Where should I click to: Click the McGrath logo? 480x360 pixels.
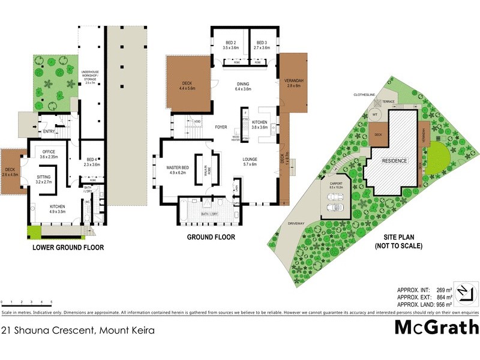pos(436,328)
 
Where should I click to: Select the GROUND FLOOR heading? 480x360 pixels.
pos(211,237)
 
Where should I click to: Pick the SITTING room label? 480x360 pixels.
pos(44,179)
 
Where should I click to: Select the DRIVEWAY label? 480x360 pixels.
pos(296,223)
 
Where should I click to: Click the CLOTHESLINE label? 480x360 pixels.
pos(364,94)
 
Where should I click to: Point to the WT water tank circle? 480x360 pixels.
pos(376,113)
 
